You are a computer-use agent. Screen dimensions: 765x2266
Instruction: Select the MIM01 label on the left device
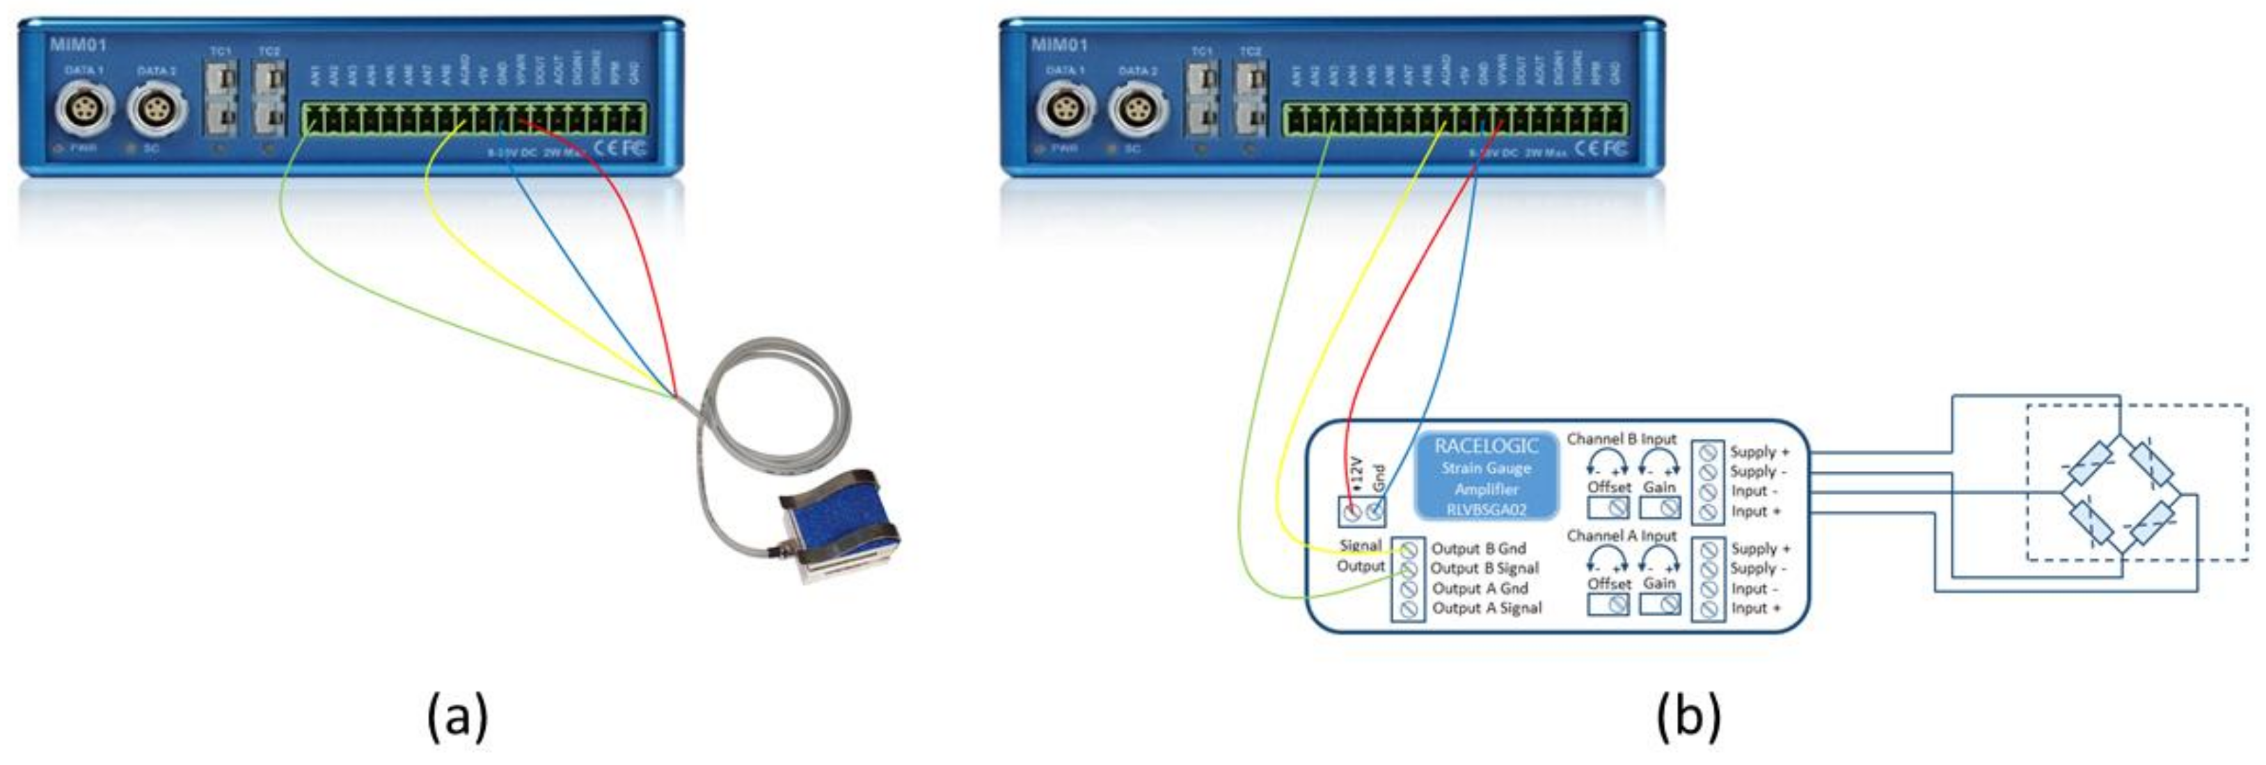(x=77, y=45)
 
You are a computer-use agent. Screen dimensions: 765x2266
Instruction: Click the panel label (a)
(x=457, y=716)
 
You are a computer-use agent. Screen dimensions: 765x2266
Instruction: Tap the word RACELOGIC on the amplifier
(x=1486, y=446)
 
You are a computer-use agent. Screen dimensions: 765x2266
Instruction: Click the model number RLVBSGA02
(x=1486, y=509)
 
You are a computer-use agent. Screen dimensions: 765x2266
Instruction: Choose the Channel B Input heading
(x=1622, y=438)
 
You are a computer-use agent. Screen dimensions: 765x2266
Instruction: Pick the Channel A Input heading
(x=1622, y=535)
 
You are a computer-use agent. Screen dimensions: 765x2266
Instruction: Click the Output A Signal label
(x=1487, y=608)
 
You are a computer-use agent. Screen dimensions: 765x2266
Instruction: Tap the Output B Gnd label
(x=1477, y=548)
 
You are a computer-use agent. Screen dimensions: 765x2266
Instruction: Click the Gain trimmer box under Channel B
(x=1660, y=508)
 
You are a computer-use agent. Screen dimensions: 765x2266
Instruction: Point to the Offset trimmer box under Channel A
(x=1608, y=604)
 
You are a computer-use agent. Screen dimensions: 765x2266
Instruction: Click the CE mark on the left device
(x=605, y=147)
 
